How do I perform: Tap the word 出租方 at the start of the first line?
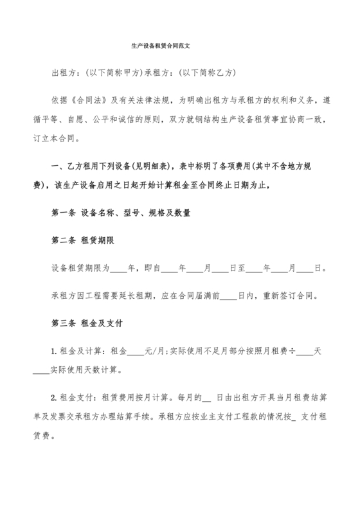click(63, 72)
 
